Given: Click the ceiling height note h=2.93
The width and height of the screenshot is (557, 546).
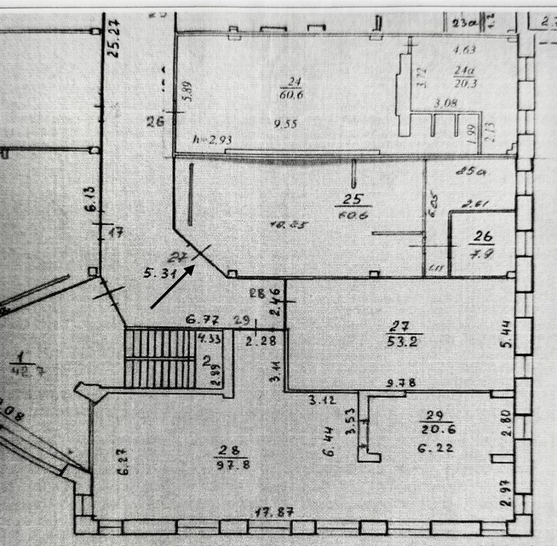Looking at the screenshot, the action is pos(212,140).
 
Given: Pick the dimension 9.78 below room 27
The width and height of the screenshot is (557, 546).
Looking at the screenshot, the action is pos(401,383).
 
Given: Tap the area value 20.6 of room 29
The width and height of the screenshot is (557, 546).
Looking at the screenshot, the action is pos(436,429).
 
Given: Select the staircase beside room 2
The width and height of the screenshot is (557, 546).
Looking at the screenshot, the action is pos(158,358).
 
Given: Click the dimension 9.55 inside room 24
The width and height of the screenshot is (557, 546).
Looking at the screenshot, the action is pos(285,124).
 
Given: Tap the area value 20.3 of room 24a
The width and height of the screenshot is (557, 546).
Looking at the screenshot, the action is pos(465,83).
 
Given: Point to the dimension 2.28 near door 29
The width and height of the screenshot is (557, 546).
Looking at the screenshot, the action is pos(260,341).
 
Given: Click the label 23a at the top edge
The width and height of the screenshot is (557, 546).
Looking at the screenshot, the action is pos(465,23).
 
